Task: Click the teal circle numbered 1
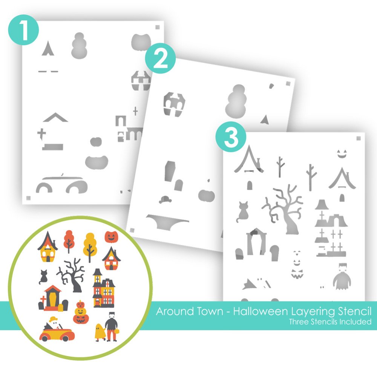tap(23, 29)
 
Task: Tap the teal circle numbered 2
tap(160, 58)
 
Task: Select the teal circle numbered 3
tap(231, 137)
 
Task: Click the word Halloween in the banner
tap(261, 311)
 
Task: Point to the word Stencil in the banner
tap(355, 311)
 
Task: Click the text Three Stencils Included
tap(330, 322)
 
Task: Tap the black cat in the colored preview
tap(43, 277)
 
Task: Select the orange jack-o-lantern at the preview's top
tap(111, 237)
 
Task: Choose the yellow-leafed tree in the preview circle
tap(90, 247)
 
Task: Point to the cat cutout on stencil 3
tap(242, 212)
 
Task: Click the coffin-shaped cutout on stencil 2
tap(170, 171)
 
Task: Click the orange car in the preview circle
tap(57, 332)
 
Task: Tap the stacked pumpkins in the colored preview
tap(81, 312)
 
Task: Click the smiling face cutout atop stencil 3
tap(342, 154)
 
